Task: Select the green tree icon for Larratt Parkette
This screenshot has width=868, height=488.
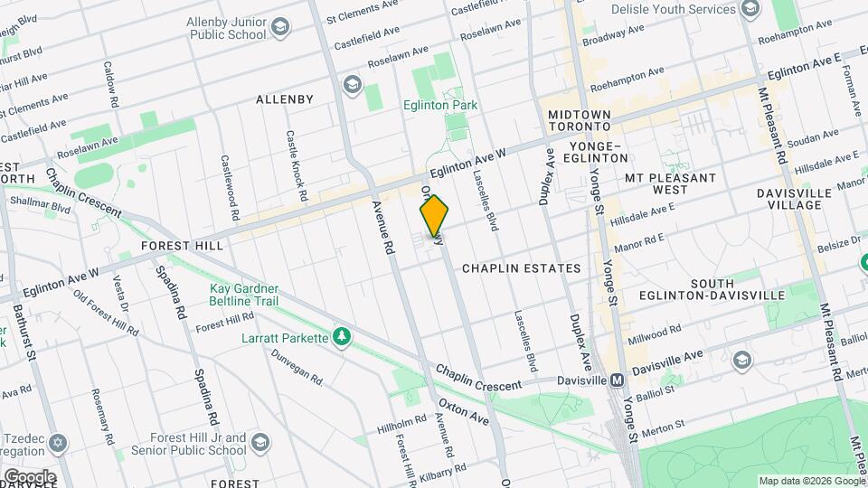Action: point(342,337)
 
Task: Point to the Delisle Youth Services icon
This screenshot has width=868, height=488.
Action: point(750,9)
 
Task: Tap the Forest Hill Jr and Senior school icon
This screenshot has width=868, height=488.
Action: point(260,442)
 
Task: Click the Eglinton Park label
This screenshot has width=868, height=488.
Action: point(440,106)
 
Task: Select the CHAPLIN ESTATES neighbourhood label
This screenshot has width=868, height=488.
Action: point(521,268)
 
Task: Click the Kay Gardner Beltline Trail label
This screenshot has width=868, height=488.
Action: point(244,295)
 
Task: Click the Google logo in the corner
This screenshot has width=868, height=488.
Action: point(29,476)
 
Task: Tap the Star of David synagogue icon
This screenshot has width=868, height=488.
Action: point(61,444)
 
